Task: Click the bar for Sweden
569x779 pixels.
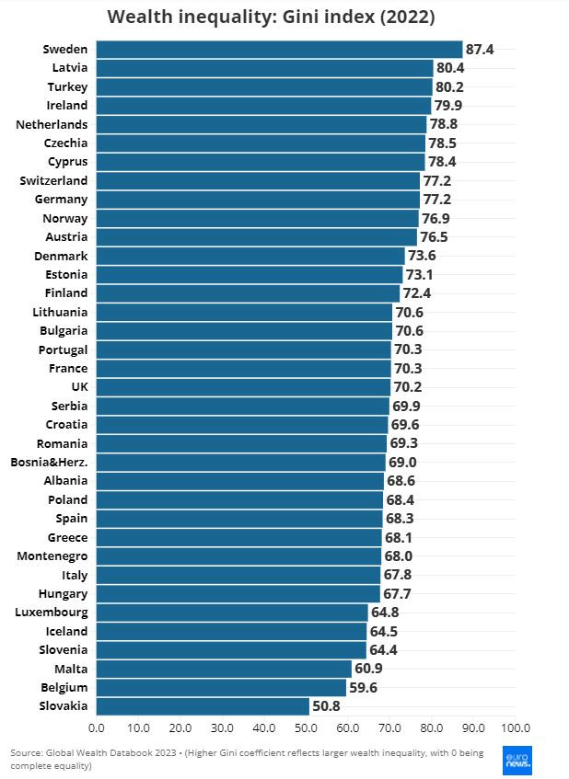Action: click(x=279, y=50)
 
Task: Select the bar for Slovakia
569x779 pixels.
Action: click(x=203, y=706)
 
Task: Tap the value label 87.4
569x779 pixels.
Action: click(x=480, y=50)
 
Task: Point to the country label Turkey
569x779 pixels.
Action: click(x=67, y=87)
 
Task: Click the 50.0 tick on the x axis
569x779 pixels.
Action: click(x=306, y=727)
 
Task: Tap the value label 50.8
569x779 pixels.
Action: click(x=327, y=706)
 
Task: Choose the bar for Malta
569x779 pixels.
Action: click(x=224, y=669)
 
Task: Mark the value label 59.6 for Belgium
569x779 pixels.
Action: click(x=364, y=688)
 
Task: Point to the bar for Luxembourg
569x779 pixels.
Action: click(x=232, y=613)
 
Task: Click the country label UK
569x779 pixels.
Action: click(x=79, y=387)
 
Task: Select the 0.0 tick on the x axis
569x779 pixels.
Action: click(x=97, y=727)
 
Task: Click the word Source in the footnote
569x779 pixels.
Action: click(x=26, y=752)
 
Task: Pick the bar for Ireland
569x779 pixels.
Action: click(x=263, y=106)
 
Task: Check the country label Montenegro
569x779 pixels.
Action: click(x=52, y=556)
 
